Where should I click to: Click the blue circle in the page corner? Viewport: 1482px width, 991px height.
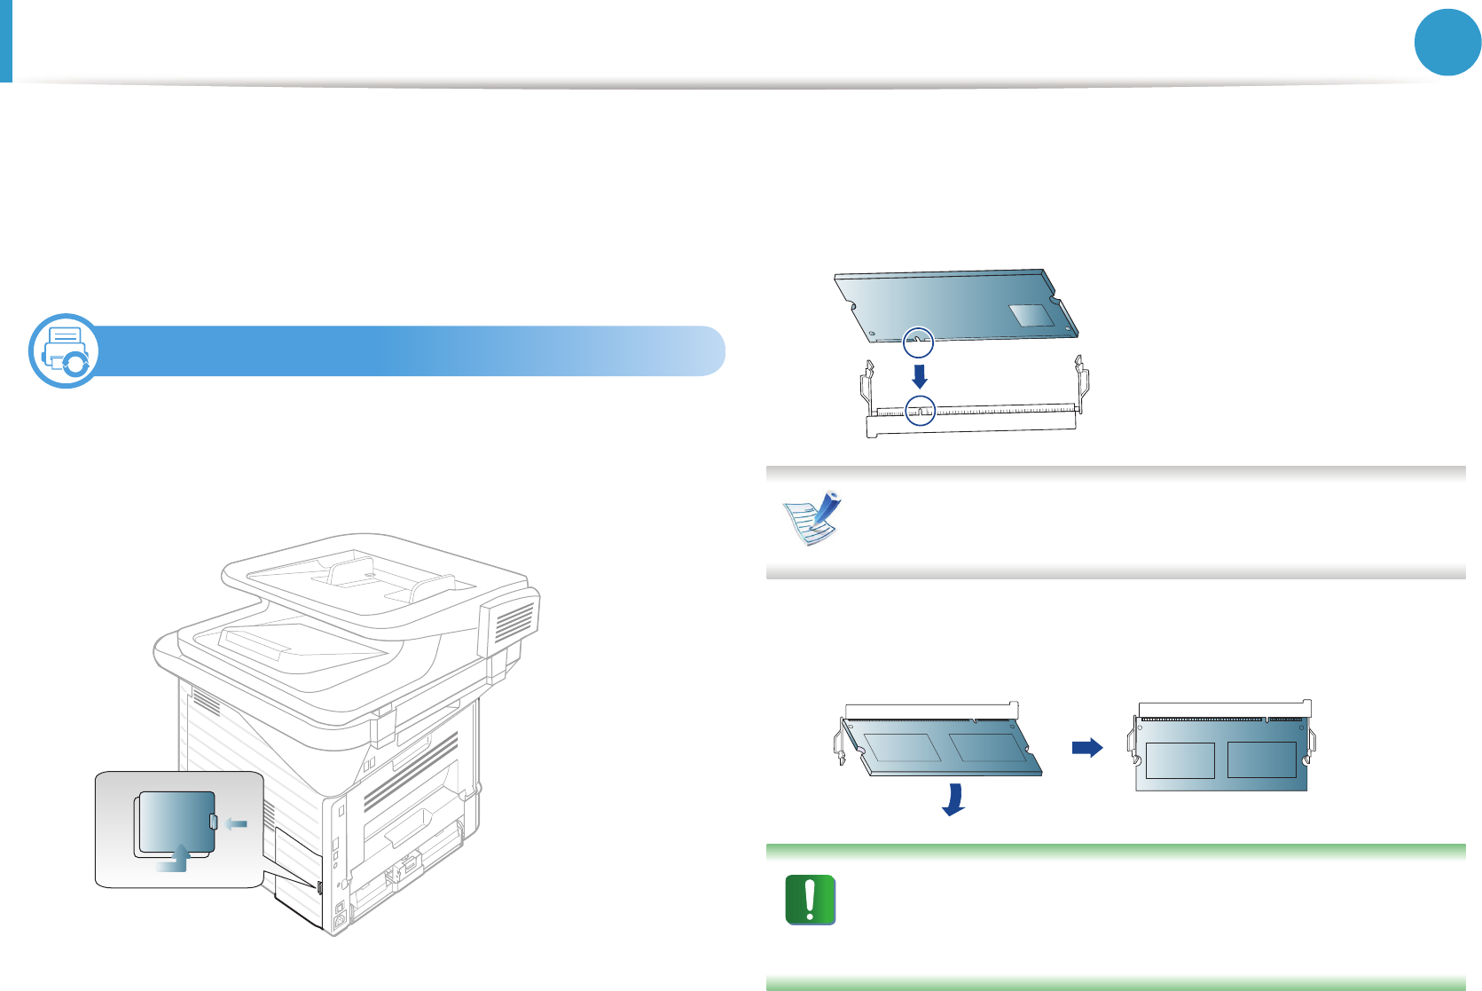[x=1447, y=42]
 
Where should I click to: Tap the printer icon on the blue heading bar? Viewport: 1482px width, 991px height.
[x=65, y=350]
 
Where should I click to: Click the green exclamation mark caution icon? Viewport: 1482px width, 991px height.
[x=810, y=900]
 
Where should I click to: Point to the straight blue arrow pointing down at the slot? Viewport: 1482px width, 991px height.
[x=921, y=374]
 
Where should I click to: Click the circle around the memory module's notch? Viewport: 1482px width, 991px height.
[x=919, y=341]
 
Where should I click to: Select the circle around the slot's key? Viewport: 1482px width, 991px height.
[x=921, y=410]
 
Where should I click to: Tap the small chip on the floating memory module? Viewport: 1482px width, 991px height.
[x=1029, y=315]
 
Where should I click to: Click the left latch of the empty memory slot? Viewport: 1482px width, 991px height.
[x=868, y=383]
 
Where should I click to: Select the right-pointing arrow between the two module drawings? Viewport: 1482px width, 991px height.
[x=1086, y=748]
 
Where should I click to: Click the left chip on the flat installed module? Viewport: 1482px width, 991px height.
[x=1180, y=760]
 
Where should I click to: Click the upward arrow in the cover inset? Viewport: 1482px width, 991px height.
[x=178, y=857]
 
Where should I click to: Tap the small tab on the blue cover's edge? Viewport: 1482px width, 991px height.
[x=213, y=822]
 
